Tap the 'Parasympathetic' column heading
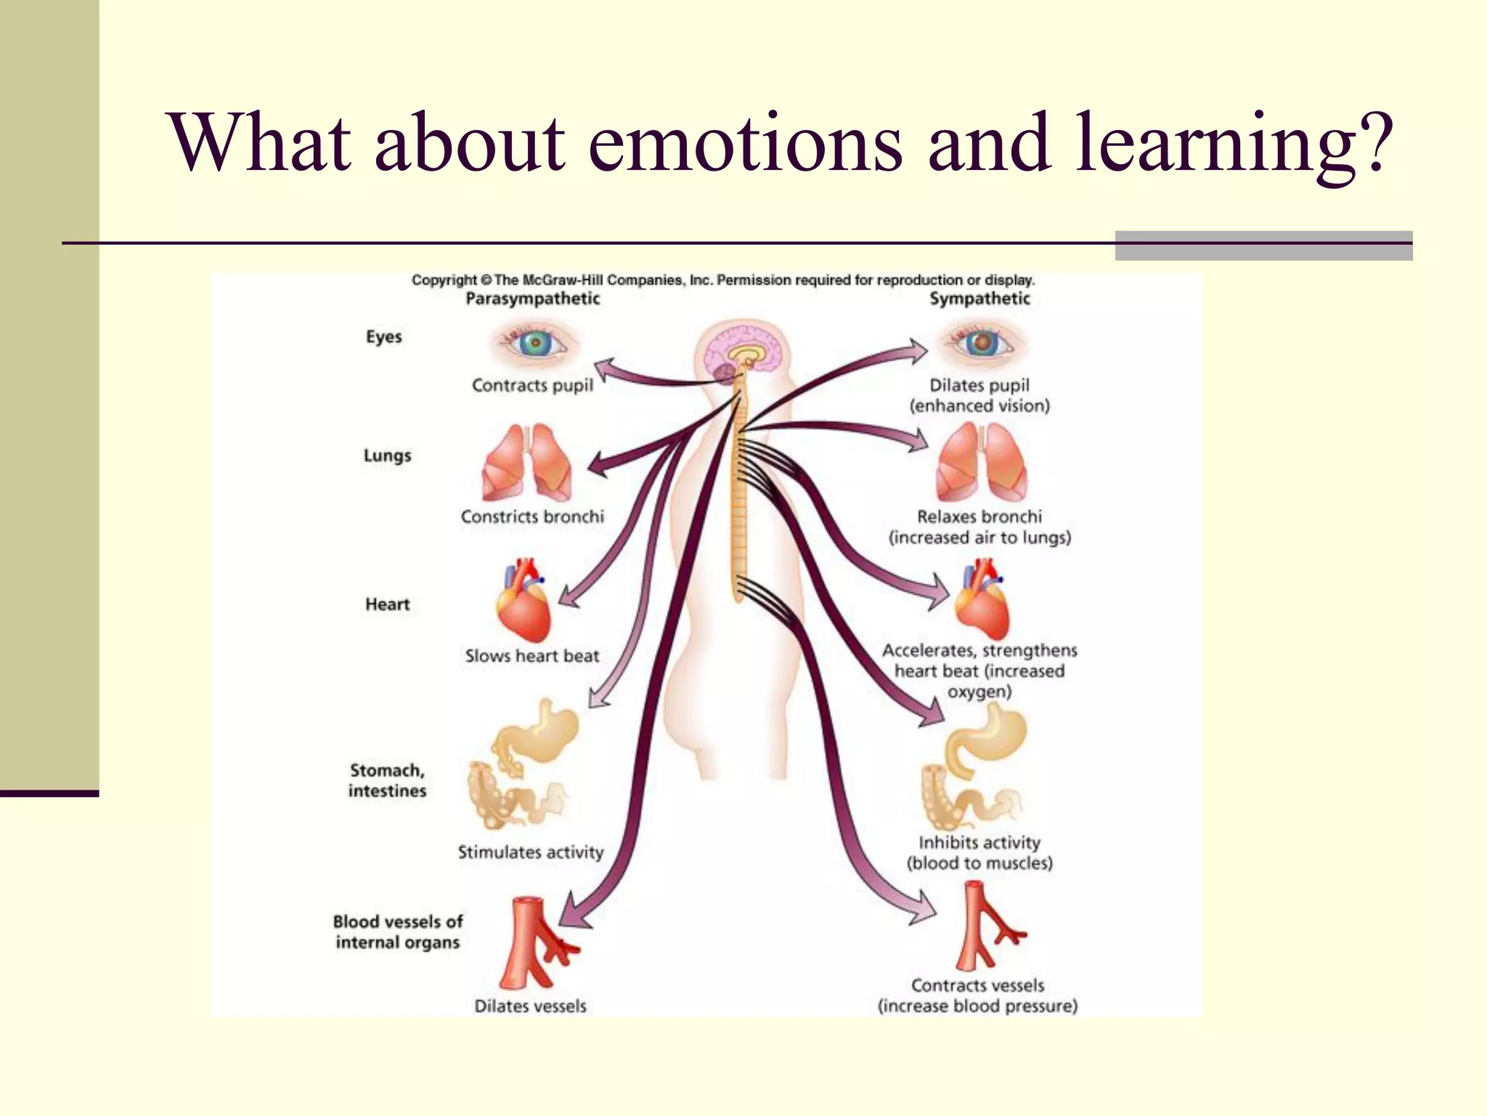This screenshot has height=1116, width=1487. click(532, 299)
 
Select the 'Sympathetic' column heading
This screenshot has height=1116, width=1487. click(979, 299)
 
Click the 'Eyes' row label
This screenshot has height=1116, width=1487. click(383, 336)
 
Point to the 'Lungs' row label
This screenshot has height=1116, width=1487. click(387, 456)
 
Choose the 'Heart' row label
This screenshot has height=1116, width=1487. click(387, 604)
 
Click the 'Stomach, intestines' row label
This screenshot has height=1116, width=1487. click(387, 780)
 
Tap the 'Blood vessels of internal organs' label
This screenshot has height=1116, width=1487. click(397, 931)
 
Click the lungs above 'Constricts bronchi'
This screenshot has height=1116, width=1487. click(527, 464)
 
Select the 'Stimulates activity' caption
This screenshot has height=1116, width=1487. click(531, 852)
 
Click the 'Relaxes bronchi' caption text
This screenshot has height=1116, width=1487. click(979, 517)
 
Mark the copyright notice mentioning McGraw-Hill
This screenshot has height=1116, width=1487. click(723, 280)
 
